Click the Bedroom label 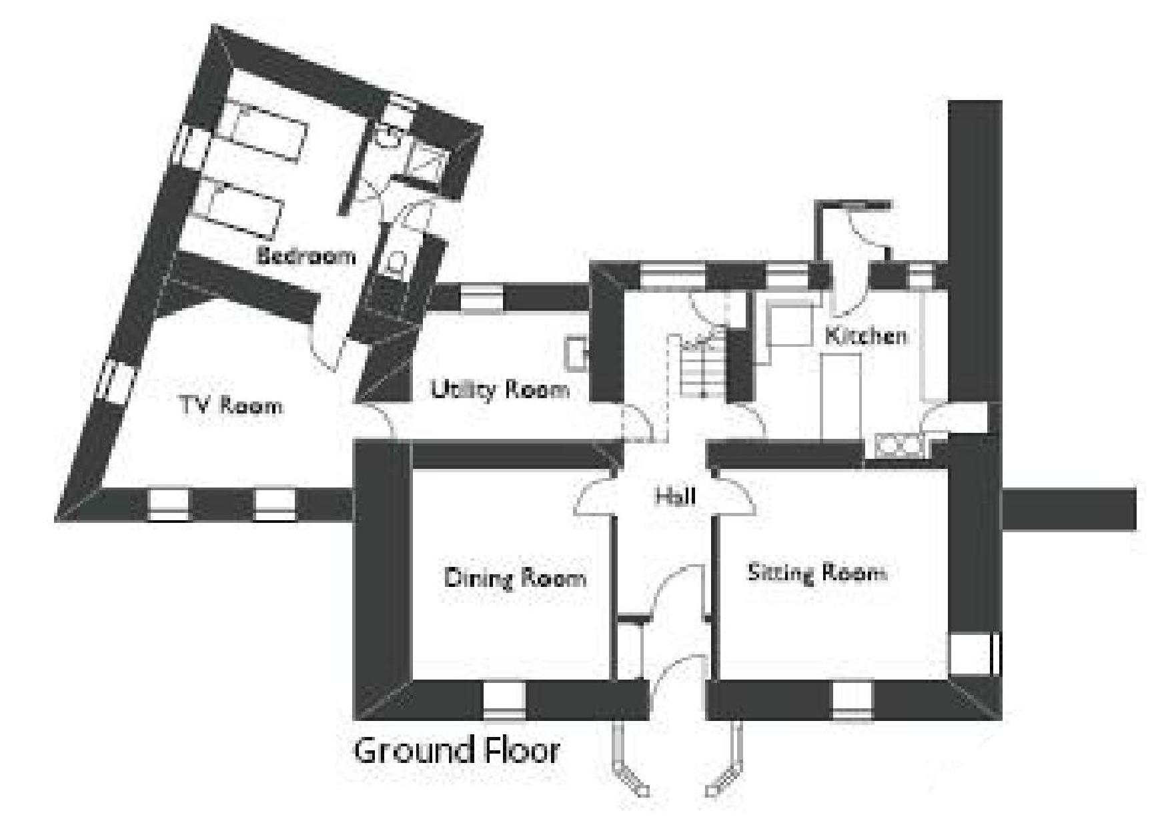(306, 255)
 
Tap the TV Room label (231, 405)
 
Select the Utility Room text (500, 389)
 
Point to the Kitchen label (866, 335)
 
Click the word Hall (675, 496)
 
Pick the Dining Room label (515, 577)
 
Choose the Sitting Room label (817, 573)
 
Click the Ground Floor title (456, 750)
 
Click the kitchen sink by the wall (898, 445)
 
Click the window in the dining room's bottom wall (505, 700)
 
